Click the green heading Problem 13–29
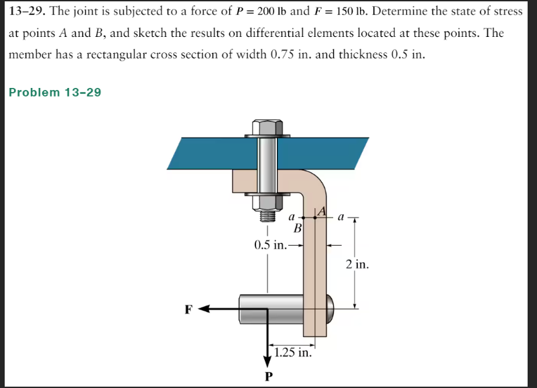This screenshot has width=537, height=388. pos(55,92)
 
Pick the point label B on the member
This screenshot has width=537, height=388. pos(299,228)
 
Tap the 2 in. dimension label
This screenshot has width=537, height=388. pos(357,264)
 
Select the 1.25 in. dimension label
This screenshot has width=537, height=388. pos(292,352)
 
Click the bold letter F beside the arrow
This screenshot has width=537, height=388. pos(189,309)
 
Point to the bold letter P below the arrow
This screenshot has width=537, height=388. pos(268,376)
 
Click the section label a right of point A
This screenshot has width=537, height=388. pos(341,216)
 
